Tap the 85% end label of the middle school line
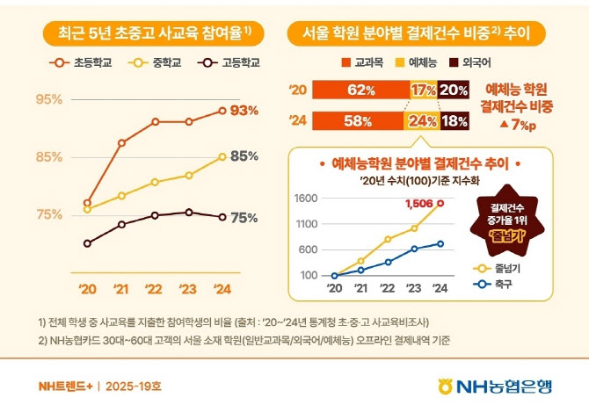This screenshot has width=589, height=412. pyautogui.click(x=244, y=157)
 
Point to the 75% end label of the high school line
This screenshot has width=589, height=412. pyautogui.click(x=244, y=218)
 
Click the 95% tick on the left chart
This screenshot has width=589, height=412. pyautogui.click(x=48, y=100)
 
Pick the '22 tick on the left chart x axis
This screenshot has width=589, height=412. pyautogui.click(x=153, y=288)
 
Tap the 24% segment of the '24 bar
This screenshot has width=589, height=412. pyautogui.click(x=423, y=122)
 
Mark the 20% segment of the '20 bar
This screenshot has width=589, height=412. pyautogui.click(x=454, y=90)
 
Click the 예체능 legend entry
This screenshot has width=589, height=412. pyautogui.click(x=423, y=63)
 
